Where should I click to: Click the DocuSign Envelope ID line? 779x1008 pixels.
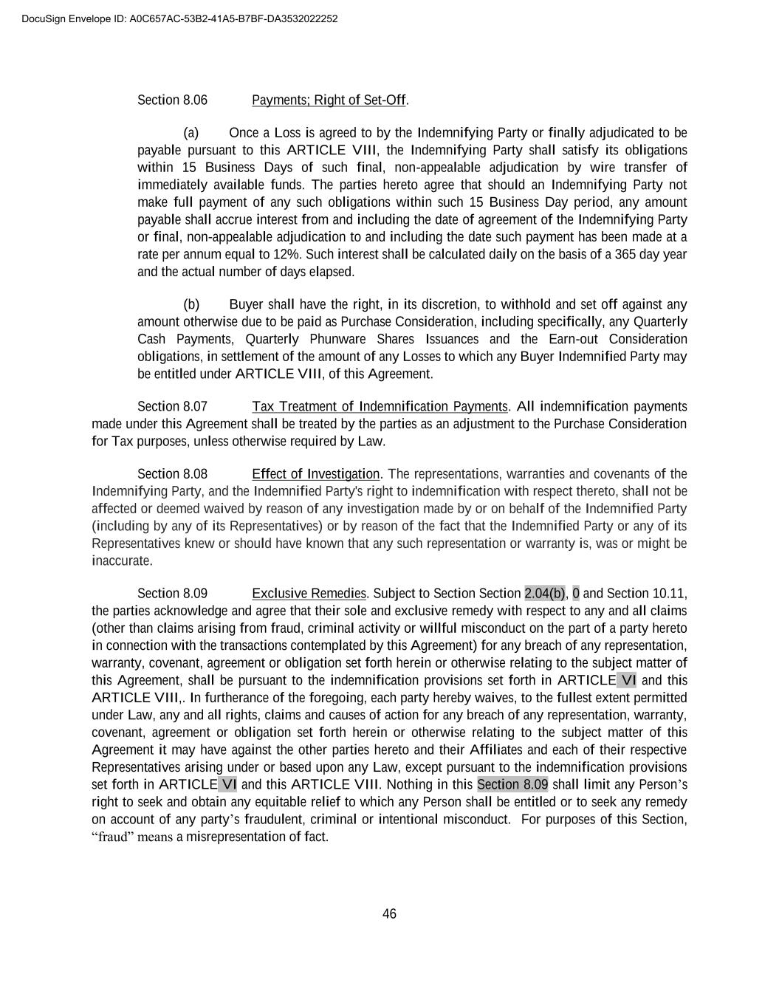pos(179,18)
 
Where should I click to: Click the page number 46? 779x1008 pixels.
pos(389,914)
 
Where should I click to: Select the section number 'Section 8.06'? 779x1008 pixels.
pos(172,100)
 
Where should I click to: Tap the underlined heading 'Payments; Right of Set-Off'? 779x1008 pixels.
pos(329,100)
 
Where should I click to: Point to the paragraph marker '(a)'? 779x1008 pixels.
pos(191,133)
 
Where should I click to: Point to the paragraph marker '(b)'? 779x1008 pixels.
pos(191,304)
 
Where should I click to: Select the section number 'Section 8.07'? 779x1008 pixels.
pos(172,406)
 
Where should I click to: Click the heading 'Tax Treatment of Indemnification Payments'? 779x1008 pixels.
pos(380,406)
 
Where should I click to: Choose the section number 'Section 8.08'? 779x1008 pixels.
pos(172,474)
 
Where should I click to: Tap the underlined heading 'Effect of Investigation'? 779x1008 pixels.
pos(315,474)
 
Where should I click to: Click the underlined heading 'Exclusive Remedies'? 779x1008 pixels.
pos(309,594)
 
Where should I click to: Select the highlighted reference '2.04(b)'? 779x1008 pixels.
pos(545,594)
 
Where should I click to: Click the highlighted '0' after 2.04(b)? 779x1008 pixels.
pos(576,594)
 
